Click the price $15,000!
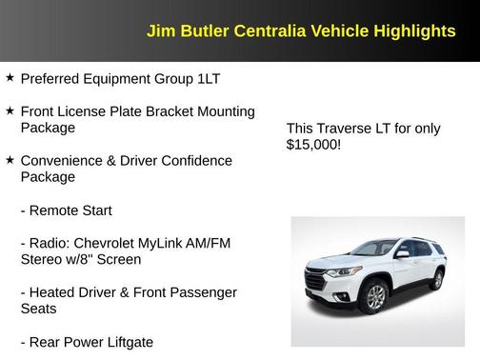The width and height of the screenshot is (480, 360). (312, 146)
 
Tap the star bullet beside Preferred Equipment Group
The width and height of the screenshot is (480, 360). (10, 77)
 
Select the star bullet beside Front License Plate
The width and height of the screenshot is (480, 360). (10, 110)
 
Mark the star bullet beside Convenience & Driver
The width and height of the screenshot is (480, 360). (10, 160)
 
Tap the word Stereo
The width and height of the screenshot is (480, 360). (42, 259)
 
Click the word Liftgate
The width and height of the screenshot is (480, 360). (125, 343)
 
